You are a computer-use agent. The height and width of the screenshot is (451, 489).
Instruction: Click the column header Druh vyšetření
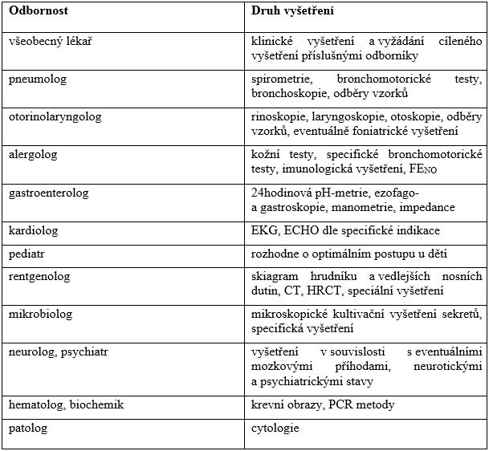pos(293,13)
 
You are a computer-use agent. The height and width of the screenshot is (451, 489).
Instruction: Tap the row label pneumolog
pos(37,79)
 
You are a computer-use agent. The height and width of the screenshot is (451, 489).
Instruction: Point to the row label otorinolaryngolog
pos(55,116)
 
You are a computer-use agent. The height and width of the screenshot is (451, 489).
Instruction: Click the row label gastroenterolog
pos(48,193)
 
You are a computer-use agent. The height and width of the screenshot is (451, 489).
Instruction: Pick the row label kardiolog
pos(34,231)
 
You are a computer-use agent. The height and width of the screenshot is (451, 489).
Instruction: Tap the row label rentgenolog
pos(39,277)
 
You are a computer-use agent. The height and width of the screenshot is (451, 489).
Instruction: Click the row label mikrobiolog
pos(39,315)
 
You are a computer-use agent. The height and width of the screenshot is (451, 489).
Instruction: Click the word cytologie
pos(275,428)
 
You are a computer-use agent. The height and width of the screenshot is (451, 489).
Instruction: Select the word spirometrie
pos(280,79)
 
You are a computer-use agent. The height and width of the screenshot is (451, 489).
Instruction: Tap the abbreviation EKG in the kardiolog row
pos(263,231)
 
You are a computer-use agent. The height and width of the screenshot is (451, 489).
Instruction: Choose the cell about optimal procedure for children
pos(342,254)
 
